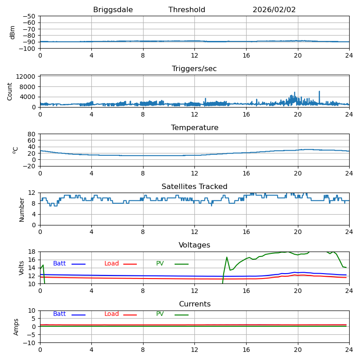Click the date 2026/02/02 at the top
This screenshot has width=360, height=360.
coord(274,10)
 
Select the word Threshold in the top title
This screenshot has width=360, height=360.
coord(187,10)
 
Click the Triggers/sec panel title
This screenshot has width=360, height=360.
coord(194,69)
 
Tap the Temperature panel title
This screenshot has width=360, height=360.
coord(194,128)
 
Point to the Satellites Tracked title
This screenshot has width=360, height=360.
coord(194,187)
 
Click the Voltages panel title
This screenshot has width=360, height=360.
coord(194,245)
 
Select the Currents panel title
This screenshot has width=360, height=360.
coord(194,304)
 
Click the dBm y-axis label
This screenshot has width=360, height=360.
coord(13,32)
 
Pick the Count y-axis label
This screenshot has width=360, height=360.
coord(10,91)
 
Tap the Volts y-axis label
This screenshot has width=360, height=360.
coord(22,268)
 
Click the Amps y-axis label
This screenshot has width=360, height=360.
coord(17,327)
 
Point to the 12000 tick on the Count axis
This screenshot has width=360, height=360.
coord(26,77)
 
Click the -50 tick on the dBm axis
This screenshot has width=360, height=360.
coord(30,16)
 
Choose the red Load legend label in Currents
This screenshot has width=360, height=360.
coord(112,314)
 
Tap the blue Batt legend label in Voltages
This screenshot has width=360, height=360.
coord(59,264)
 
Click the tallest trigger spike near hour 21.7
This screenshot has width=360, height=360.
coord(319,92)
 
